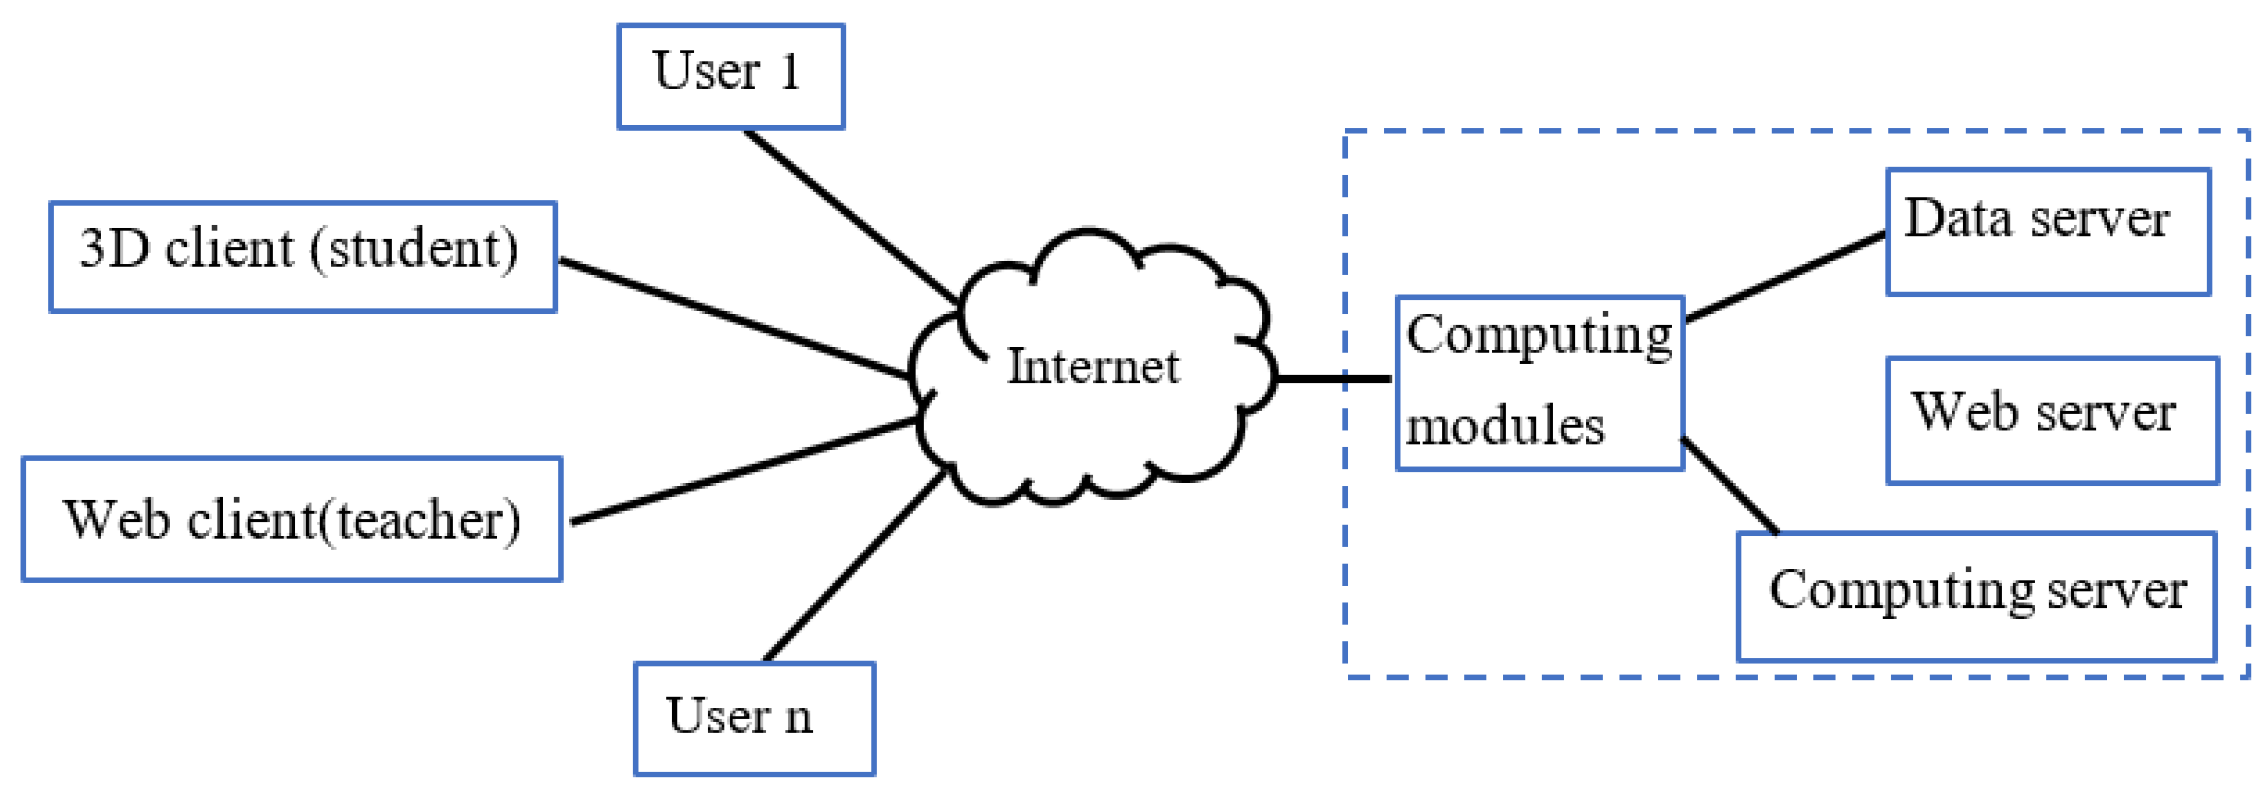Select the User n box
(754, 718)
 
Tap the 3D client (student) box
(302, 256)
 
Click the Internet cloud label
(1092, 366)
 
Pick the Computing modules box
(1540, 383)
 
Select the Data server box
(2048, 231)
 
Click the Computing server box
(1976, 596)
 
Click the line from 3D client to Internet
(734, 318)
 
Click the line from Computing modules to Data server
(1785, 275)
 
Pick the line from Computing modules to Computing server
(1730, 486)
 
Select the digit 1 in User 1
(789, 71)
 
